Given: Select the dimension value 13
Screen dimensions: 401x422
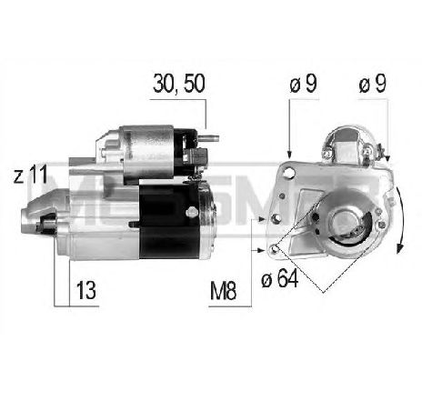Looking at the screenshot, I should pos(87,294).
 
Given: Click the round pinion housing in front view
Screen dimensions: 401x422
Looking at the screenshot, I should pos(345,222).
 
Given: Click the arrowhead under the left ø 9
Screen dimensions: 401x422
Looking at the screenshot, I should pos(289,153).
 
